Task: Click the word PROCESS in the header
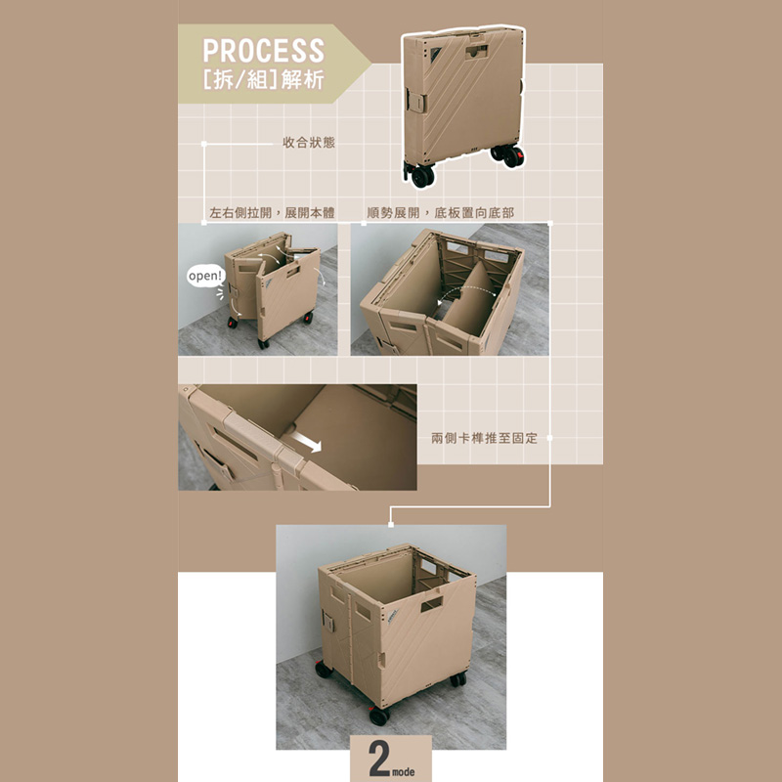pyautogui.click(x=263, y=51)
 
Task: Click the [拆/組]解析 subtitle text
pyautogui.click(x=263, y=79)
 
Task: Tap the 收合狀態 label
pyautogui.click(x=309, y=143)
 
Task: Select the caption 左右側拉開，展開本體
pyautogui.click(x=272, y=213)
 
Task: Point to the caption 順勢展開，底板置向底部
pyautogui.click(x=441, y=213)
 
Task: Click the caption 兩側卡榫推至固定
pyautogui.click(x=484, y=438)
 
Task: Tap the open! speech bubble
pyautogui.click(x=206, y=276)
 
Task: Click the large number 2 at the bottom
pyautogui.click(x=379, y=759)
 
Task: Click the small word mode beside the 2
pyautogui.click(x=404, y=772)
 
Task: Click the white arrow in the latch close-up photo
pyautogui.click(x=306, y=442)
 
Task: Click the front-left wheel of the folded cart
pyautogui.click(x=422, y=176)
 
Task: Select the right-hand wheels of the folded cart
pyautogui.click(x=507, y=155)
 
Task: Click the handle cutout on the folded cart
pyautogui.click(x=477, y=51)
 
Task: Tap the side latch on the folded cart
pyautogui.click(x=416, y=102)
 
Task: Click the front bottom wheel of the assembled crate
pyautogui.click(x=379, y=717)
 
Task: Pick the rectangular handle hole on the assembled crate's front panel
pyautogui.click(x=432, y=604)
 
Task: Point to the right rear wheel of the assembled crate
pyautogui.click(x=458, y=678)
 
